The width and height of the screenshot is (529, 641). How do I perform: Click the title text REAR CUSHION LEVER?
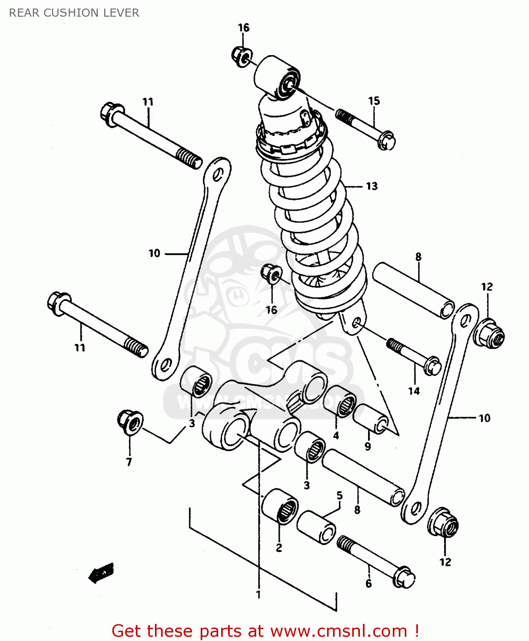coord(74,13)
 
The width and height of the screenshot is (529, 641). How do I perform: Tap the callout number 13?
coord(371,186)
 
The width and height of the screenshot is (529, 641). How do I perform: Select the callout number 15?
coord(374,101)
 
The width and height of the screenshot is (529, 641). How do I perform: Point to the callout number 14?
coord(414,391)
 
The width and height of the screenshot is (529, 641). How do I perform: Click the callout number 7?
coord(129,462)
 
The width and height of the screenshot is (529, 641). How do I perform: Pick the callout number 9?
coord(368,447)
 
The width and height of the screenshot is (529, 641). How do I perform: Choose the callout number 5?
coord(339,495)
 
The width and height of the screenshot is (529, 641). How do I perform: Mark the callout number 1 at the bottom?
coord(258,594)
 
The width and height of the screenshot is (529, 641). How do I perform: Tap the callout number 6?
coord(368,584)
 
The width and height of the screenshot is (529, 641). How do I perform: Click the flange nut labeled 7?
coord(130,422)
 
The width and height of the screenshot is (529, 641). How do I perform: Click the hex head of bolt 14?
coord(432,366)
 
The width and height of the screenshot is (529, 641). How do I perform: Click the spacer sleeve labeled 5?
coord(316,527)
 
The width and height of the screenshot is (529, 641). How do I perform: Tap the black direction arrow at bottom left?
coord(101,573)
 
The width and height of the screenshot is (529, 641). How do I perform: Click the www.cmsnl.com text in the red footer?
coord(339,631)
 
